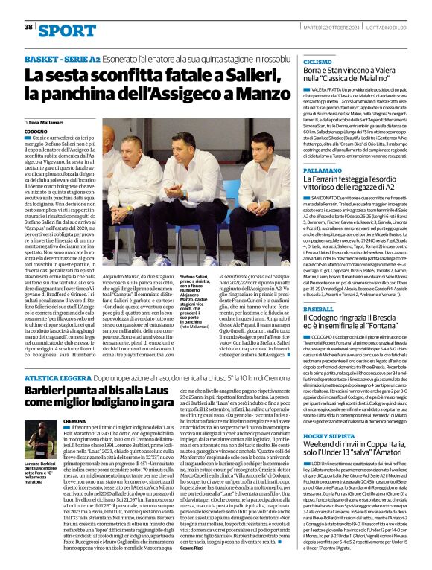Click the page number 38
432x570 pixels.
[28, 27]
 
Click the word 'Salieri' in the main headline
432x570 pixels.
[207, 75]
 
